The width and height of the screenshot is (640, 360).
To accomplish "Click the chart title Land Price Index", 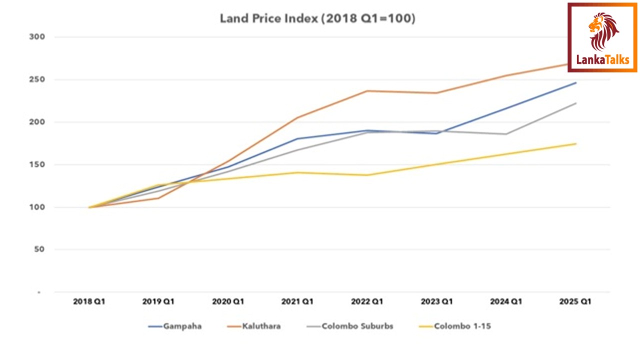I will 317,19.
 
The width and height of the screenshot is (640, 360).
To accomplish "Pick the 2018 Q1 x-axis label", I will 89,301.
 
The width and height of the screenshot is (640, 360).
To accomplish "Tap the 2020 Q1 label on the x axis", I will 228,301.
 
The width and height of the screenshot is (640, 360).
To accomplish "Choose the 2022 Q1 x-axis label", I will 367,301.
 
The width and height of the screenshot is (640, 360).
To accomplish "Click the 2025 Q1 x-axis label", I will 575,301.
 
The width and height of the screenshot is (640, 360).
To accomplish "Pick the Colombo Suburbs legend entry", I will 350,326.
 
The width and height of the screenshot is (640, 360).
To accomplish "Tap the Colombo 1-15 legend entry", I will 455,326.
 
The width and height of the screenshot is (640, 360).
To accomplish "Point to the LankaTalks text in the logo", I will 602,60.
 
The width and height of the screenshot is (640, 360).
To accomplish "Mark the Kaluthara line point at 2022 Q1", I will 367,91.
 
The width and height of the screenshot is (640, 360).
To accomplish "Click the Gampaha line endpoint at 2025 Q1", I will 575,83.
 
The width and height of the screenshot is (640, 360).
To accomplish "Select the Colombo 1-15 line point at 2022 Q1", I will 367,175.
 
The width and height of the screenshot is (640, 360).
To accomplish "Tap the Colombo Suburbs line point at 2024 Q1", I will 506,134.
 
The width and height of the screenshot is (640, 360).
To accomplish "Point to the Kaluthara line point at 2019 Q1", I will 158,198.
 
